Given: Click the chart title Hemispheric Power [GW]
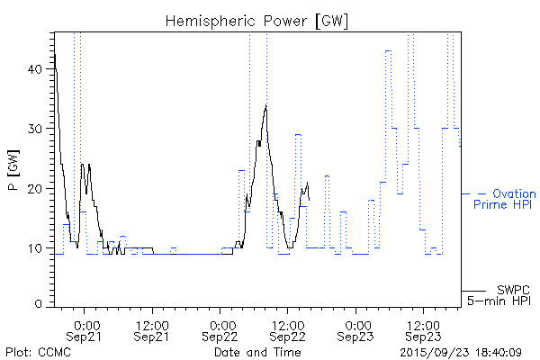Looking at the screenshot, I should click(257, 20).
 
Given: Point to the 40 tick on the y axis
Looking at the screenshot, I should click(35, 69).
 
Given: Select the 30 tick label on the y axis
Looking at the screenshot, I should click(35, 129).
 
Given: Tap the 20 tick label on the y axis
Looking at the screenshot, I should click(35, 189).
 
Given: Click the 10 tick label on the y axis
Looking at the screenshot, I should click(35, 248).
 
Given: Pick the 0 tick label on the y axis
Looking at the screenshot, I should click(40, 304).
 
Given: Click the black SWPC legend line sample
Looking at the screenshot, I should click(476, 290).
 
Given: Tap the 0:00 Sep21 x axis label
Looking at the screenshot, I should click(85, 330).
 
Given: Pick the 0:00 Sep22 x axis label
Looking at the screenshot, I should click(221, 330).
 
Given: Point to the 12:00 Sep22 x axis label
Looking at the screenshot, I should click(287, 330).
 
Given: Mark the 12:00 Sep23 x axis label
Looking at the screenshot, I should click(423, 330).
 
